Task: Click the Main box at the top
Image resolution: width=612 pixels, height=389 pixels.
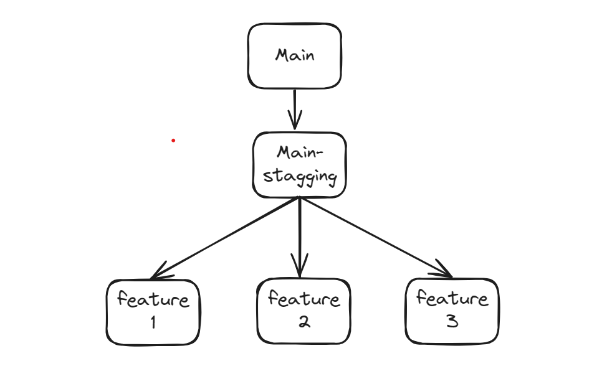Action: click(294, 56)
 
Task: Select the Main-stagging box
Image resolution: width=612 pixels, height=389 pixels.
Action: click(299, 165)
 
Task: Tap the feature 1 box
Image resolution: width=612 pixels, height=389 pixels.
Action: click(153, 312)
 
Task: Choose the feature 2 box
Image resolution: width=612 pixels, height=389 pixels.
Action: click(304, 311)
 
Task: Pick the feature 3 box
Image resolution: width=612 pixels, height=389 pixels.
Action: click(452, 311)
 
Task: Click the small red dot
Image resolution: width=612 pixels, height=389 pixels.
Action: click(173, 141)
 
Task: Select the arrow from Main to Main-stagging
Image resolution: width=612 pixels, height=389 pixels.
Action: click(294, 106)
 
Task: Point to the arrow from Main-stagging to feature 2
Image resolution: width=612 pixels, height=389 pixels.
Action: click(300, 233)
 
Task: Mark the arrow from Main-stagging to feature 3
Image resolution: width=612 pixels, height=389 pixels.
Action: click(374, 237)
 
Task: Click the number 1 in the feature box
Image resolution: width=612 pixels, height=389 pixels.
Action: click(153, 322)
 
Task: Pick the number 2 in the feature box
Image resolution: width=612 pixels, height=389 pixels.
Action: click(304, 322)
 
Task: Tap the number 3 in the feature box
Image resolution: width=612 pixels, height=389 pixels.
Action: click(452, 322)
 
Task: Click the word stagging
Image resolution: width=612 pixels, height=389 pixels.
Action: click(300, 177)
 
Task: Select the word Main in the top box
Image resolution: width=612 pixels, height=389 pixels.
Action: click(295, 55)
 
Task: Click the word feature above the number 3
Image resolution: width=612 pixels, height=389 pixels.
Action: click(452, 299)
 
